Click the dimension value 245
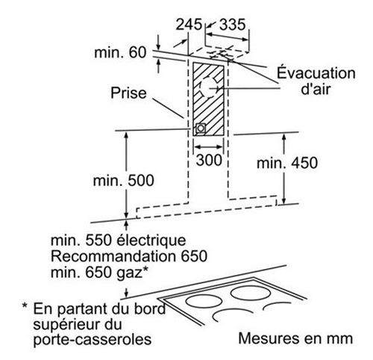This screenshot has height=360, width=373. tap(189, 25)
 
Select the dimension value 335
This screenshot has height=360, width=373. tap(233, 25)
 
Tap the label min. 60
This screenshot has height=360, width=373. tap(120, 52)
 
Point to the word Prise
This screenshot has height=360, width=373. tap(128, 93)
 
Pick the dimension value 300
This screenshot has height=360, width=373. tap(209, 160)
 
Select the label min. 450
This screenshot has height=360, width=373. tap(287, 163)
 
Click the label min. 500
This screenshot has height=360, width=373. tap(124, 181)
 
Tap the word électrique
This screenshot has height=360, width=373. tap(151, 240)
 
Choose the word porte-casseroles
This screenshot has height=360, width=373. tap(93, 340)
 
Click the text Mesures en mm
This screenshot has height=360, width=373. tap(295, 338)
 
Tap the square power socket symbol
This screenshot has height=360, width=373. tap(201, 128)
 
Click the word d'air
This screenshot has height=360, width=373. tap(316, 88)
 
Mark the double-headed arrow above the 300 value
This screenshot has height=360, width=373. tap(209, 146)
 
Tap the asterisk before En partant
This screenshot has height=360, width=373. tap(25, 305)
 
